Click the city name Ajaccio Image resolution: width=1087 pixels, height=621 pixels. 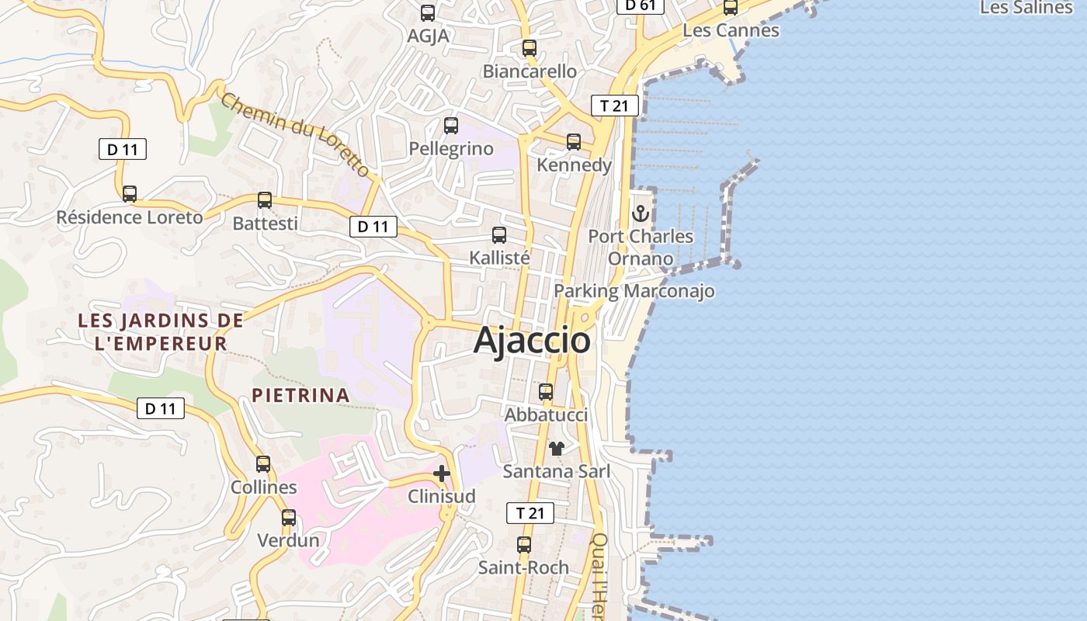[x=532, y=340]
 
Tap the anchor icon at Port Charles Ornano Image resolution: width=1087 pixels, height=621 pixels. [x=641, y=213]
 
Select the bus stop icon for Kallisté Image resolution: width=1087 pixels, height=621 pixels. [x=499, y=234]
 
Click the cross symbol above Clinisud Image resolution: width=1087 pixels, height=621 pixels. [x=442, y=474]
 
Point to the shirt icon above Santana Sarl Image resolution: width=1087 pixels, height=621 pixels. [x=556, y=448]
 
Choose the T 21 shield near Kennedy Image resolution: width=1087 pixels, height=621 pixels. [x=614, y=106]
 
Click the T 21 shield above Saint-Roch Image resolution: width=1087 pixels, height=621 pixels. [x=530, y=513]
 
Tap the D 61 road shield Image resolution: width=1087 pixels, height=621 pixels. [x=640, y=5]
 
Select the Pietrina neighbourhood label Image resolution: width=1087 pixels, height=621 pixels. [x=300, y=395]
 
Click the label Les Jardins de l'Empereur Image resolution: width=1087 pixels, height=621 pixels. [x=161, y=331]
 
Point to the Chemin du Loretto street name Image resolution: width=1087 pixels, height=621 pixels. [x=295, y=134]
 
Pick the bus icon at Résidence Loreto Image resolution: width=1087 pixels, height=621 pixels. [x=130, y=193]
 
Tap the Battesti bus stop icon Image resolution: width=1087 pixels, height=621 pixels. [x=265, y=199]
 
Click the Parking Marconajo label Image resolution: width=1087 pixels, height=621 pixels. [x=634, y=291]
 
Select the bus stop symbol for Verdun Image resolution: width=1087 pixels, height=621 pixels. [x=289, y=517]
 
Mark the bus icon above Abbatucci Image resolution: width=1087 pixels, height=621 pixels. [x=546, y=391]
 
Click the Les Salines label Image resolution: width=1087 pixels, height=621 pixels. [x=1026, y=8]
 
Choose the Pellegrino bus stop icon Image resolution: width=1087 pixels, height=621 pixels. [x=451, y=125]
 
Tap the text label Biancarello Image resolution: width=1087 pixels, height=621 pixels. [x=530, y=71]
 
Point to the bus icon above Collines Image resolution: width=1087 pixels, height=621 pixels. [x=263, y=464]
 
